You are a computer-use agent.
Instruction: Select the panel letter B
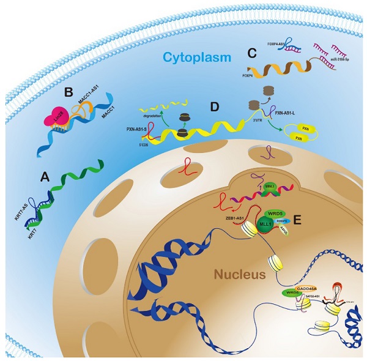69,92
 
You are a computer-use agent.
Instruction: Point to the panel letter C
251,53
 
